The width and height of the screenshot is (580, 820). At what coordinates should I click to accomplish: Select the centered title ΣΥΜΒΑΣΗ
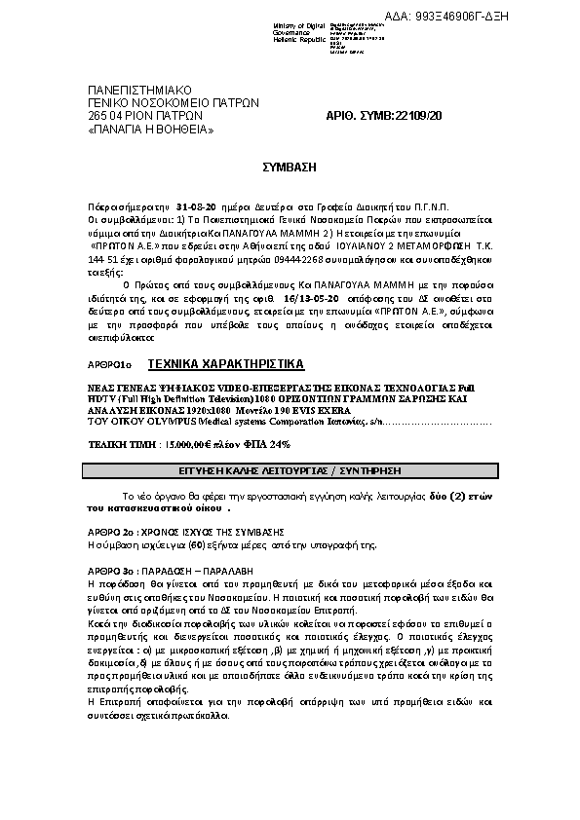coord(290,168)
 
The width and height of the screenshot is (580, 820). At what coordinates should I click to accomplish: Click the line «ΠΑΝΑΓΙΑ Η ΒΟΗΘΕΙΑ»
coord(151,129)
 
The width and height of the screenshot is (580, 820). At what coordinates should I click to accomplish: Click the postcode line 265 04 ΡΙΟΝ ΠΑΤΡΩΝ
coord(145,115)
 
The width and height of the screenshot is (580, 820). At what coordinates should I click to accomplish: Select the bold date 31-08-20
coord(196,208)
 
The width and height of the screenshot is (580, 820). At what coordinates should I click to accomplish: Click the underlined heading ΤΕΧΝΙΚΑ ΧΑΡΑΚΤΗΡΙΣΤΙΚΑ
coord(225,364)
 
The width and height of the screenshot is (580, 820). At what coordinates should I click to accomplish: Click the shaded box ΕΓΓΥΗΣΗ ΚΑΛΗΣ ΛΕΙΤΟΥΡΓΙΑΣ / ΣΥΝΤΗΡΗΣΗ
coord(290,469)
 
